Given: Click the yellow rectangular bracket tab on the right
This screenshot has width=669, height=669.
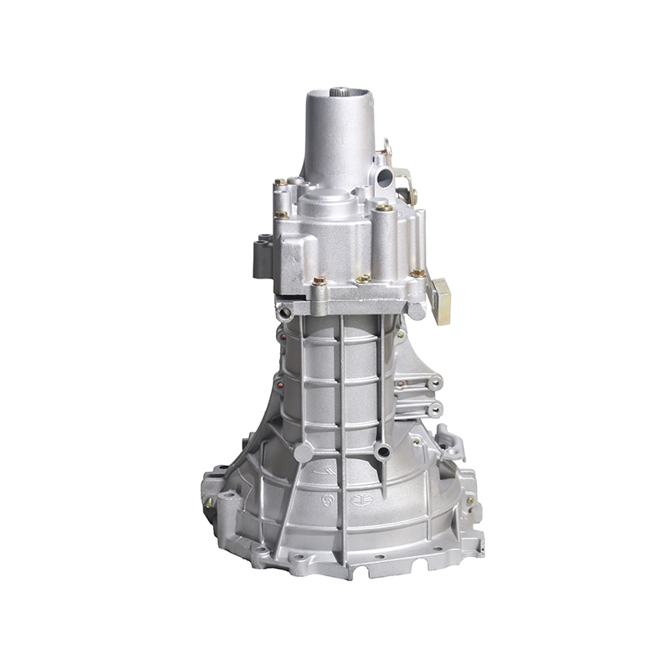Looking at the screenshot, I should (x=440, y=294).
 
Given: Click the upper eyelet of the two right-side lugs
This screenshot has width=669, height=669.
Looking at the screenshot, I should (x=436, y=383).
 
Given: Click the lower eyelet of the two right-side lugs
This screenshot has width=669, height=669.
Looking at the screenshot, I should (x=436, y=409).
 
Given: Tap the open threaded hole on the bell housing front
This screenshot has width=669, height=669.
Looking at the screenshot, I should (x=382, y=453).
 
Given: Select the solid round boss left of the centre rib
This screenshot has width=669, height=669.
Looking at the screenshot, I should (x=304, y=452).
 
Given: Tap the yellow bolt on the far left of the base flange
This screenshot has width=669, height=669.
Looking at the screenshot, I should (x=208, y=502).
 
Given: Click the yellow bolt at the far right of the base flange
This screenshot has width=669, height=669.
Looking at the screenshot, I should (x=470, y=501).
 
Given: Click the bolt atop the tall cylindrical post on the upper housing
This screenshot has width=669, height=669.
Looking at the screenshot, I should (x=384, y=207).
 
